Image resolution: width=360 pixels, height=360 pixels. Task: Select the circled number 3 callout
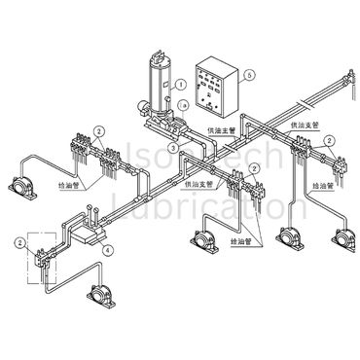click(173, 147)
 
